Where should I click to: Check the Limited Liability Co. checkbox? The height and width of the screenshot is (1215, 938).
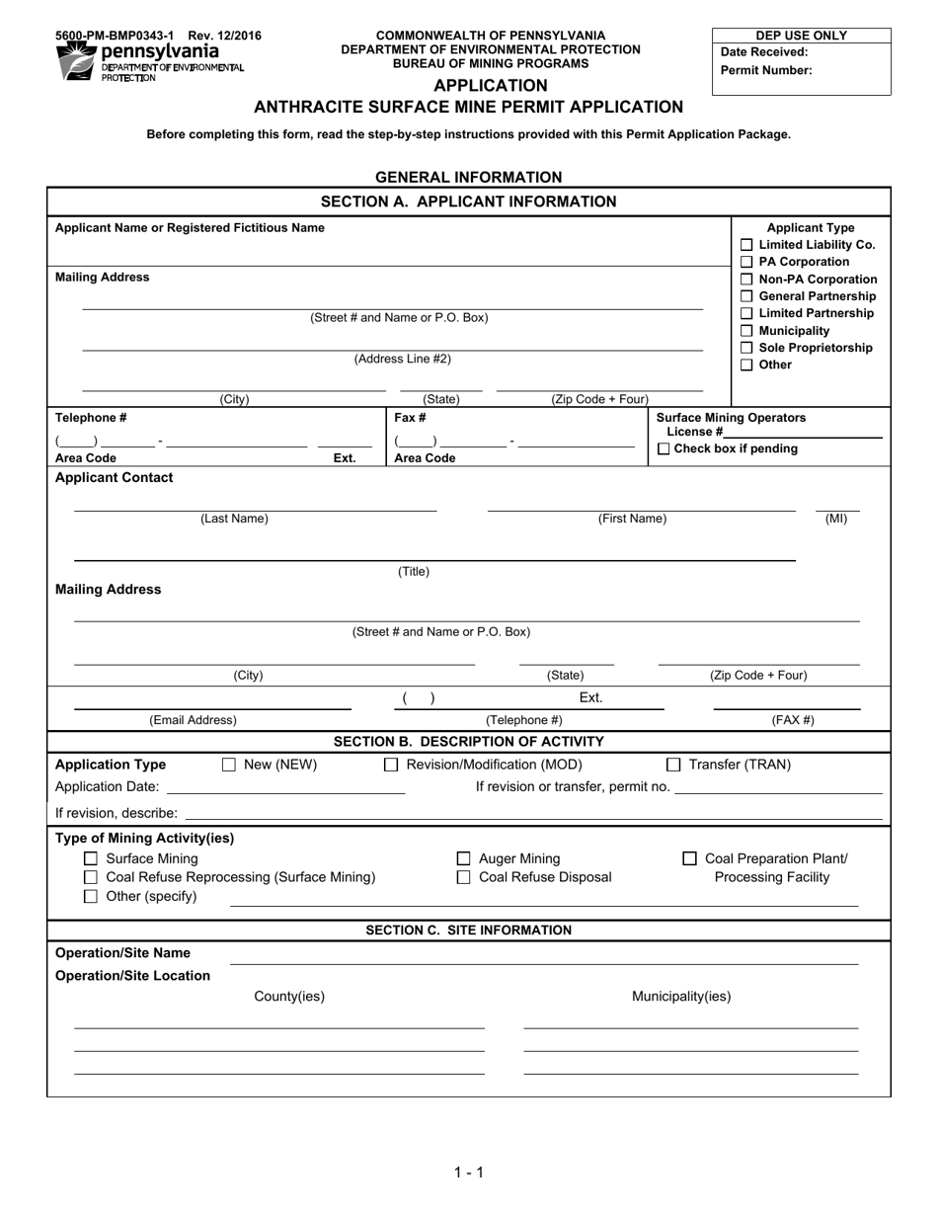pos(746,245)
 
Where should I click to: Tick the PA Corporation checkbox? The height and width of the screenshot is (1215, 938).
pos(746,262)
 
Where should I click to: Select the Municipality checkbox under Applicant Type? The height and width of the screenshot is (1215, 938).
pos(746,331)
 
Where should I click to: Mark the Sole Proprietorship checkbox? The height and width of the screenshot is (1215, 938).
pos(746,348)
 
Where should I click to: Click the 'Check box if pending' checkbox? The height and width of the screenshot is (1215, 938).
pos(664,449)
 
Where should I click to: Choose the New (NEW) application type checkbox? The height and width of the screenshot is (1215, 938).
pos(229,765)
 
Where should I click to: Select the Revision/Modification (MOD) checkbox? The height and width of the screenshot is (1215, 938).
pos(391,765)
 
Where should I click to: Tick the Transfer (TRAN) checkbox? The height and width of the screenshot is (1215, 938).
pos(673,765)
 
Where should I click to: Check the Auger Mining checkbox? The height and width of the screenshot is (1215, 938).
pos(463,859)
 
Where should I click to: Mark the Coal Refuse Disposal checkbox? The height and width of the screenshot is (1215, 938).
pos(463,877)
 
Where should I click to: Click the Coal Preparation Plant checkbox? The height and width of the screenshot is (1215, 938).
pos(690,859)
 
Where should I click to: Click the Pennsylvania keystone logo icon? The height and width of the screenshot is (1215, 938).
pos(77,61)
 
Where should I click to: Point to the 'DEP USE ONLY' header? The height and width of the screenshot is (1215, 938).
pos(801,36)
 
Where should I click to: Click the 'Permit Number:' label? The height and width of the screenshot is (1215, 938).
pos(766,70)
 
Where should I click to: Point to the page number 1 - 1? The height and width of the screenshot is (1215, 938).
pos(468,1173)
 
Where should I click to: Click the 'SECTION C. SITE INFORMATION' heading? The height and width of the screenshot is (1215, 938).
pos(468,930)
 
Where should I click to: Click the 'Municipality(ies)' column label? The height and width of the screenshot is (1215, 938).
pos(681,996)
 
